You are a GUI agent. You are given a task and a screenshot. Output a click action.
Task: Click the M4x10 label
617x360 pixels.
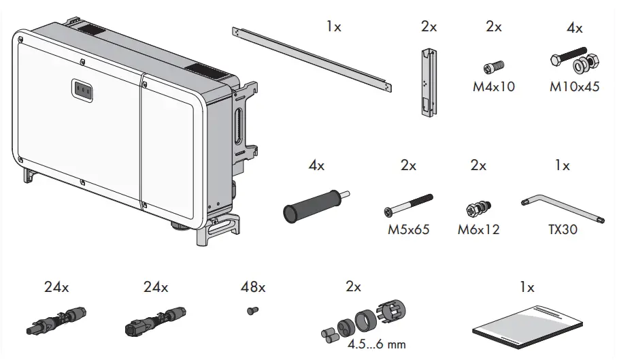pos(494,87)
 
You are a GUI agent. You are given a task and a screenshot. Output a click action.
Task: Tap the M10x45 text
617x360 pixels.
pos(575,87)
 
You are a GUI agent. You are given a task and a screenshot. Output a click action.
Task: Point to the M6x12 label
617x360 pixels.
pos(478,229)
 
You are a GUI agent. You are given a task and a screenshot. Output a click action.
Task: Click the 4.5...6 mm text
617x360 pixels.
pos(376,344)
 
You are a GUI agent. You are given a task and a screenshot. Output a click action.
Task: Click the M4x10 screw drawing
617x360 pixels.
pos(492,67)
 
